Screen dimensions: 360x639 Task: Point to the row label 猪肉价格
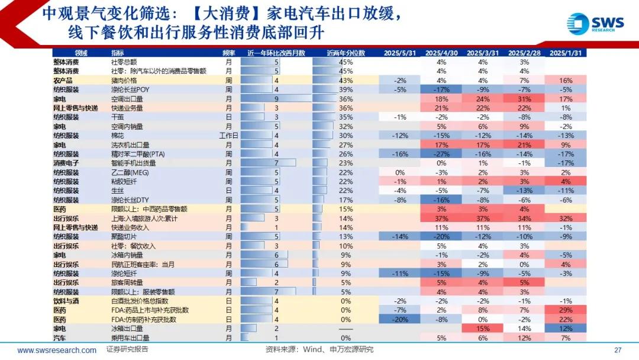pos(124,81)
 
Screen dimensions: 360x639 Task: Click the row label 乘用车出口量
pos(130,338)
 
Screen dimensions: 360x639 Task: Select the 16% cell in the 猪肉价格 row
pos(565,81)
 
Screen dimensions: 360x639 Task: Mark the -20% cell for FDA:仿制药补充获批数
pos(399,320)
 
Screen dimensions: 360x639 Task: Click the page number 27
pos(618,350)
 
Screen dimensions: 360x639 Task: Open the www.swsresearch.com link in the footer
pos(57,350)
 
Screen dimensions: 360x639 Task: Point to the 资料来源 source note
pos(319,350)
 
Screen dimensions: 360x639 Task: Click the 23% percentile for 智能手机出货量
pos(346,163)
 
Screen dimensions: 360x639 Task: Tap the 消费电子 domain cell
pos(66,163)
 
